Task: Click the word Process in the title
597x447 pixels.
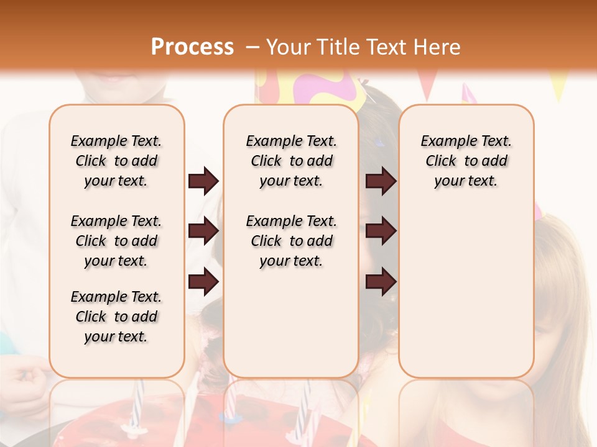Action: [192, 47]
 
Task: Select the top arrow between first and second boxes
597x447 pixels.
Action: [203, 181]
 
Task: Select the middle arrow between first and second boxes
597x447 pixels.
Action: [203, 232]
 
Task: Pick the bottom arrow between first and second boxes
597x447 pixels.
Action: [203, 282]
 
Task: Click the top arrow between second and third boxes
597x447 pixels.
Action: [381, 181]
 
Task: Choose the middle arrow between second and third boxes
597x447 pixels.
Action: [381, 232]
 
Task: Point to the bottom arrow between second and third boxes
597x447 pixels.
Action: [381, 282]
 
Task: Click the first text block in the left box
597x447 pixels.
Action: [116, 161]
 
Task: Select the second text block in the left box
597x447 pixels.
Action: [116, 241]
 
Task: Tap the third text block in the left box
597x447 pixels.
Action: [116, 317]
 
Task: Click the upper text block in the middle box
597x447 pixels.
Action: [291, 161]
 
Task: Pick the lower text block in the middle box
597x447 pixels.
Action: [291, 241]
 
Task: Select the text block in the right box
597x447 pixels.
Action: [466, 161]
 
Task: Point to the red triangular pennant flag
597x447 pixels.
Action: [428, 83]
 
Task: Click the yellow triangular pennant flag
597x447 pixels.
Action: [558, 86]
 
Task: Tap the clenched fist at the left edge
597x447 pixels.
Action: [25, 378]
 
